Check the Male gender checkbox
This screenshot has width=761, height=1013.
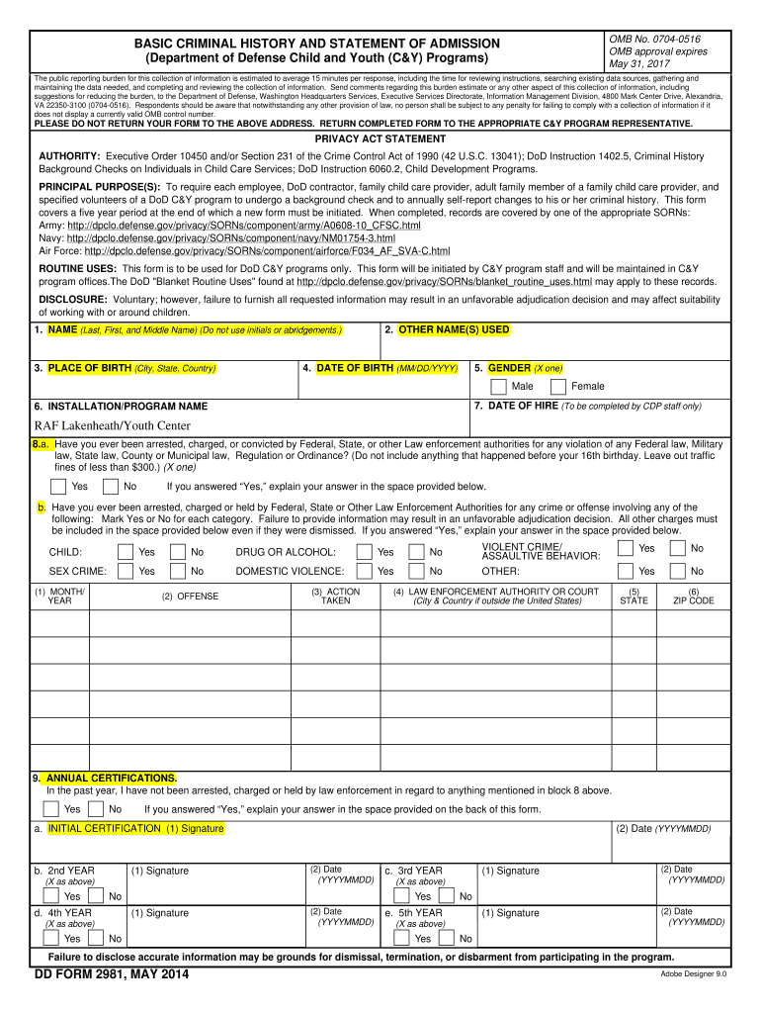[x=500, y=386]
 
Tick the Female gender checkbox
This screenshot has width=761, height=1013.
[x=558, y=386]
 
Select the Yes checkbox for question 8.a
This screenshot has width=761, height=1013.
[x=59, y=486]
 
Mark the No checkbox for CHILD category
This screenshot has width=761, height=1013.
[x=178, y=552]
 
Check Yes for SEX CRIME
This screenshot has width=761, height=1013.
[x=126, y=571]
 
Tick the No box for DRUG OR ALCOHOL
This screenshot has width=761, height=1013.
[x=416, y=552]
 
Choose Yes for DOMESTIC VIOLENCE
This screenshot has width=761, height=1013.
[x=365, y=571]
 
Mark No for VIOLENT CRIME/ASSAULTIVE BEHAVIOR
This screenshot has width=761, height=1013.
[x=677, y=548]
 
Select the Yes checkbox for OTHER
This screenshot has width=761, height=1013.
[x=625, y=571]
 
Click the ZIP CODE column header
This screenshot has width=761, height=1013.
[x=693, y=597]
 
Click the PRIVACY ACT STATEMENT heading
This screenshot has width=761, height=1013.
[x=380, y=139]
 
